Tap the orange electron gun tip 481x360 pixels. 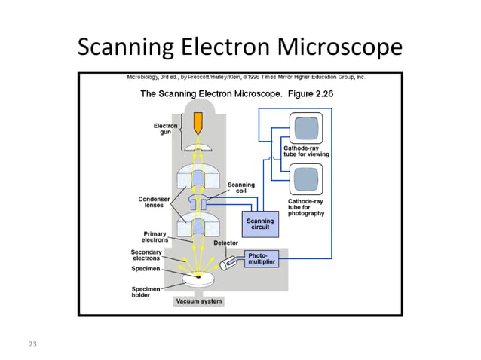click(199, 123)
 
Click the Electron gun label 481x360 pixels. click(166, 129)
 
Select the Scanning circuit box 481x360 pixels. click(259, 224)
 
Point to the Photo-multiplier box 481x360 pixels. click(262, 258)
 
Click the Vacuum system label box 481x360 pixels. click(199, 301)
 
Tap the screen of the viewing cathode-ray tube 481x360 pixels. click(307, 129)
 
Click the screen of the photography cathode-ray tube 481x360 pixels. click(307, 180)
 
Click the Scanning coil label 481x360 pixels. click(241, 188)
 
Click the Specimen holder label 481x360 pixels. click(146, 291)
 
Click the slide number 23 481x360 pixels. click(32, 344)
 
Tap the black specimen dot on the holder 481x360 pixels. click(199, 277)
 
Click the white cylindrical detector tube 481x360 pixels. click(230, 263)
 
